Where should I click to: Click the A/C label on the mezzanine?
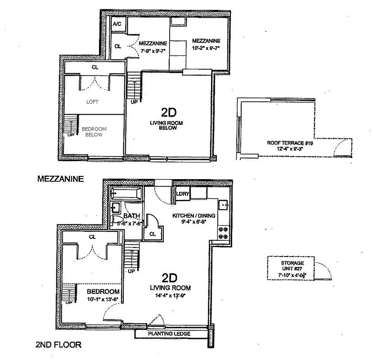point(117,24)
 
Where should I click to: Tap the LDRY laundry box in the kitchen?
point(182,194)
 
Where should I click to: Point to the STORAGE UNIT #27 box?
point(292,269)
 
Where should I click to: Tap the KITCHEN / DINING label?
point(194,216)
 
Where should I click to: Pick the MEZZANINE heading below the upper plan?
point(60,179)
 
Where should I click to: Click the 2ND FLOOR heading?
point(58,346)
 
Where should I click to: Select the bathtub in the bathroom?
point(126,194)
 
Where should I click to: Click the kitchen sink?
point(223,205)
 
